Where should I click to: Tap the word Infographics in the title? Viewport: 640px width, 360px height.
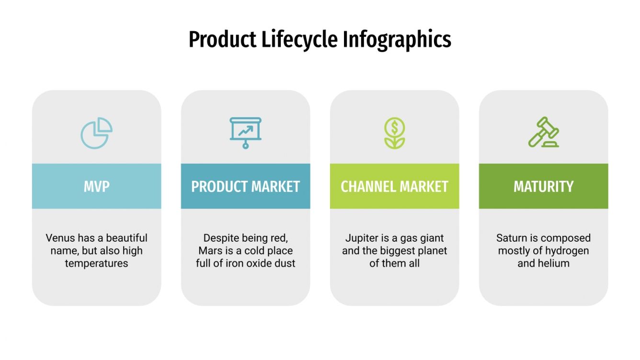click(x=397, y=40)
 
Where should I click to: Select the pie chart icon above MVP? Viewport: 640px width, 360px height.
click(x=96, y=133)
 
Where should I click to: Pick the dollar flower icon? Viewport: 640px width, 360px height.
click(x=394, y=133)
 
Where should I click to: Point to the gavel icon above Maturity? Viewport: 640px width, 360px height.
click(x=543, y=132)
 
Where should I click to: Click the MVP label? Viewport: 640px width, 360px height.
click(x=96, y=186)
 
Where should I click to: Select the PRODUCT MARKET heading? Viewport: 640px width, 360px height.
click(x=245, y=186)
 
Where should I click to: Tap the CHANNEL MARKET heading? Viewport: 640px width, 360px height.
click(x=394, y=186)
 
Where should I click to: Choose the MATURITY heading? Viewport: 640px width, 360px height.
click(x=543, y=186)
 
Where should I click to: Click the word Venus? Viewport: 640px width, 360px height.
click(x=60, y=238)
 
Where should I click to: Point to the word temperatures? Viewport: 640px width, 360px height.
click(x=96, y=263)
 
